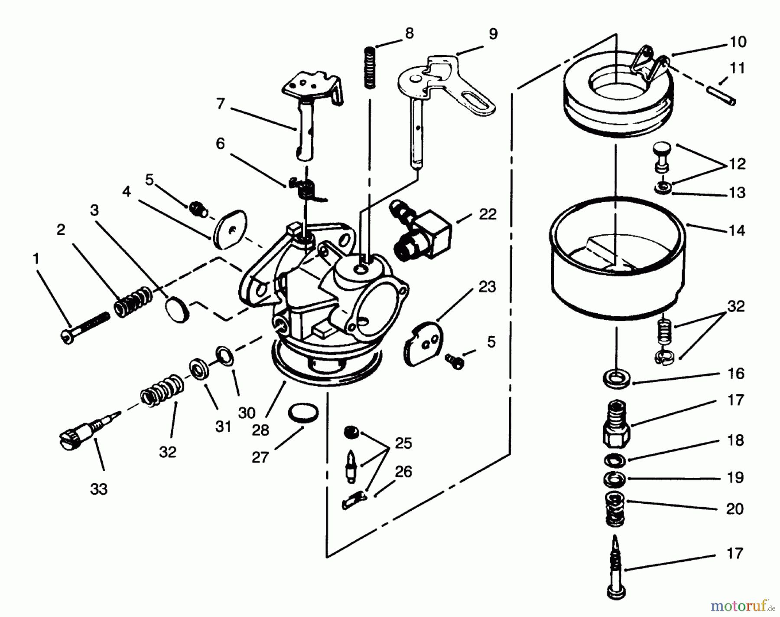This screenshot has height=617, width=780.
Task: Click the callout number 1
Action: [x=36, y=259]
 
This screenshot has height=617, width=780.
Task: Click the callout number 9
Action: [x=493, y=34]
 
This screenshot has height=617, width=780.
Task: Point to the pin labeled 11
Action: [x=722, y=96]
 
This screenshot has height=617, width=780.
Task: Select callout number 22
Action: [x=487, y=214]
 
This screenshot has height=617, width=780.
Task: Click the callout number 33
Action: [x=99, y=489]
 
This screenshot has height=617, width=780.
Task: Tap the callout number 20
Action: [x=735, y=509]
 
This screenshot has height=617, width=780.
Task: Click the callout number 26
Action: [x=403, y=472]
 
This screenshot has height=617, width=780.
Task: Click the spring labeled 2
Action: [x=133, y=302]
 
